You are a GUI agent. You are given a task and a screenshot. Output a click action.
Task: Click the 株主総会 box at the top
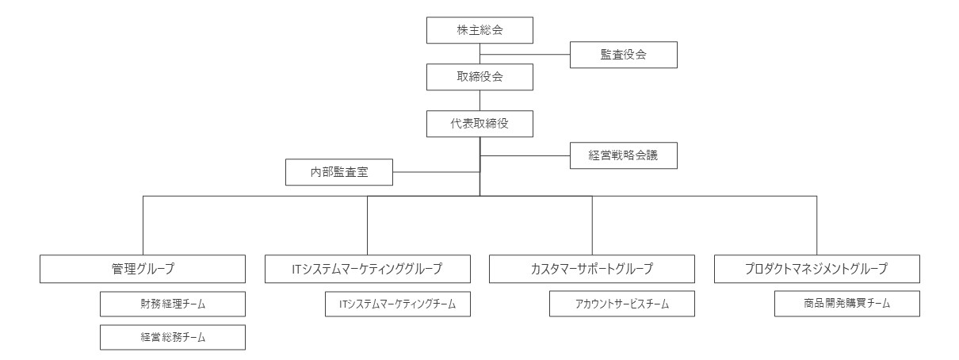479,30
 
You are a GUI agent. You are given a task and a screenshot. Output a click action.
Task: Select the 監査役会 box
624,55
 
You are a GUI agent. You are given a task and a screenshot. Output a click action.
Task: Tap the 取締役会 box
479,78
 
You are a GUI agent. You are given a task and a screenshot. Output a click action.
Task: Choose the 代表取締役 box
479,124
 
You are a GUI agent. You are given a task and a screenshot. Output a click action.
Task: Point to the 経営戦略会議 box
624,155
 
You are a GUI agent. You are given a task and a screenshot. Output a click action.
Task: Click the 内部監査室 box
339,171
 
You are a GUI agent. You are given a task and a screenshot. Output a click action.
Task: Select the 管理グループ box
143,269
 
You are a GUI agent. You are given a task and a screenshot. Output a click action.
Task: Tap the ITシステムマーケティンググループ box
367,269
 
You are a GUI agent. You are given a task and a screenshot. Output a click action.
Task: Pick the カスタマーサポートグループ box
592,269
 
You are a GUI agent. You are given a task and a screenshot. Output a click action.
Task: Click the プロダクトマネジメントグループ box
817,269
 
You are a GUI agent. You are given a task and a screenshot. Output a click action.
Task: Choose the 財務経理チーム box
172,304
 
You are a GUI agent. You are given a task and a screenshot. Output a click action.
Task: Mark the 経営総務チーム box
172,337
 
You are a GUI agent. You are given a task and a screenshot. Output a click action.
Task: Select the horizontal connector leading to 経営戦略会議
525,155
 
